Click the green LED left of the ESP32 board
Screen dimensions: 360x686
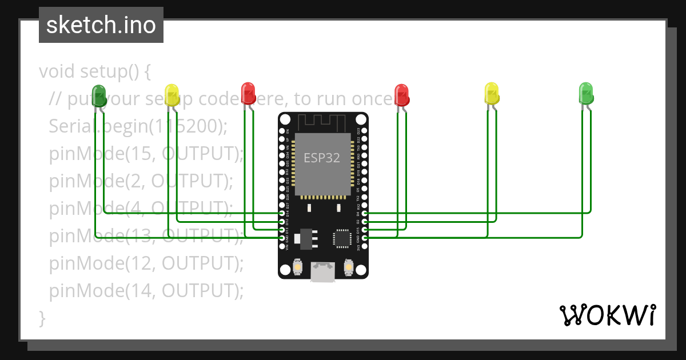99,95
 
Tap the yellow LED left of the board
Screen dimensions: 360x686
171,93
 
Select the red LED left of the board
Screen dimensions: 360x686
248,92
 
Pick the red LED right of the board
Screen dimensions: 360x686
402,94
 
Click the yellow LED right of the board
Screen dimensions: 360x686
492,93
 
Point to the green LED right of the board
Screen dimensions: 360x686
586,93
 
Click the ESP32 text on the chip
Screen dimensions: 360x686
322,158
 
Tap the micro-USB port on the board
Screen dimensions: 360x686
323,272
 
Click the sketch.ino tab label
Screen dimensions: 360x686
101,25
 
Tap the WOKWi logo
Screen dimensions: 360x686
607,315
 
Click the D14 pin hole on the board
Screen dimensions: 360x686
282,213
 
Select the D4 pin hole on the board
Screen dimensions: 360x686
365,213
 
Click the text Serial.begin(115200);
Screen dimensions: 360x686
138,126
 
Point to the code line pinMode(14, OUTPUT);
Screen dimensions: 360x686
146,291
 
